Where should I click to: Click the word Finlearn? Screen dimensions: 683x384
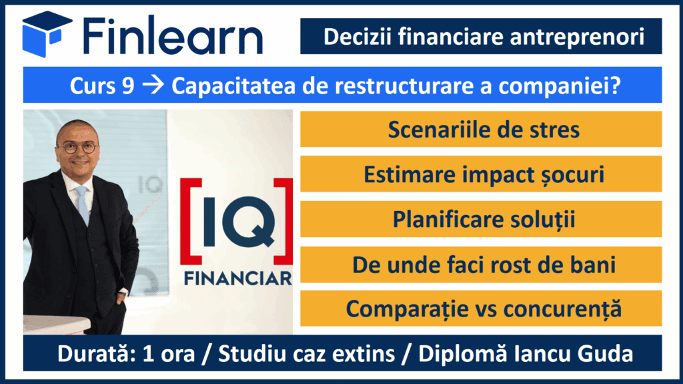173,35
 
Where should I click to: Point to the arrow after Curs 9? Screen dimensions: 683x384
153,85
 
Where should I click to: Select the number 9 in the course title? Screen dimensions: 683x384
128,85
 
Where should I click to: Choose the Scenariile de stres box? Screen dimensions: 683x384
481,129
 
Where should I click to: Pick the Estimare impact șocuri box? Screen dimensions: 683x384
481,174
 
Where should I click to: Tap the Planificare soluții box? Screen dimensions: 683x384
481,219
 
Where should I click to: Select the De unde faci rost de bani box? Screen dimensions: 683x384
481,264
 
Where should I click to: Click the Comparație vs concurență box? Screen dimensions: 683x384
481,309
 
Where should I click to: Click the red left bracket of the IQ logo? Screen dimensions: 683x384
191,221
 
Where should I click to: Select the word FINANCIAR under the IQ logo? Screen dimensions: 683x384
238,278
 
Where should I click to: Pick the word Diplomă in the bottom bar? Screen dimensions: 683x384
463,354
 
